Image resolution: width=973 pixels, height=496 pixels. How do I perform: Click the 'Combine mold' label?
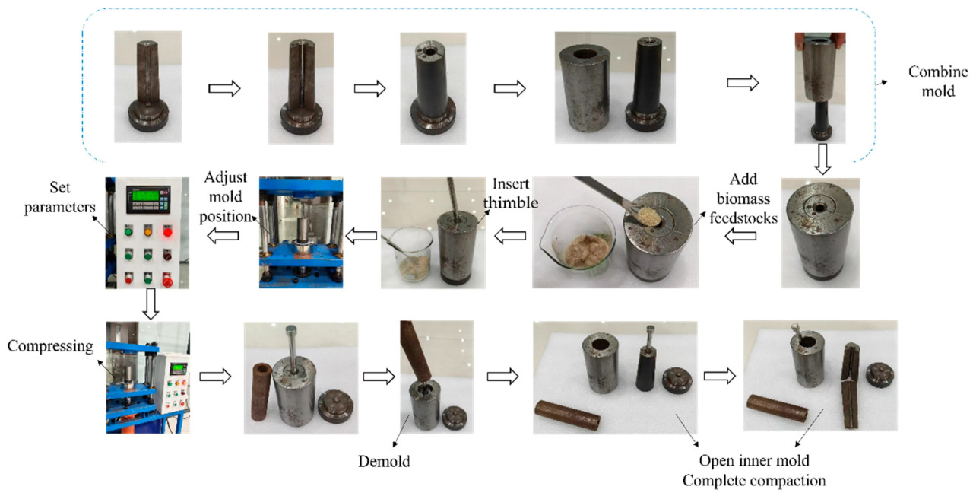(938, 81)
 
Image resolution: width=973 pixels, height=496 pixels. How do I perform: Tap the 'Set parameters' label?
(59, 197)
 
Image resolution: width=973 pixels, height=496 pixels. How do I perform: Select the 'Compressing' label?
(50, 346)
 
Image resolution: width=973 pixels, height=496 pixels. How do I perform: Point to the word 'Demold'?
(384, 461)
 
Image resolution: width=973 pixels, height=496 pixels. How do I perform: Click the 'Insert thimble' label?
(511, 193)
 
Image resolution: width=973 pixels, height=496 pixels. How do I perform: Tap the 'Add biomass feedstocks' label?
(743, 199)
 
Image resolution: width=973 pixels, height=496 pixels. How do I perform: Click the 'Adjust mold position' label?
(226, 196)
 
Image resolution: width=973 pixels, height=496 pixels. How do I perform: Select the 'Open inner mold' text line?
(754, 460)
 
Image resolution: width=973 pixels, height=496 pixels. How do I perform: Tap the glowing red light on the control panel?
(168, 232)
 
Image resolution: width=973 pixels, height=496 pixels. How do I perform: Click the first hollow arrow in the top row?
(224, 88)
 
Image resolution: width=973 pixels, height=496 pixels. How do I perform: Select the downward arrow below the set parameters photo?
(151, 304)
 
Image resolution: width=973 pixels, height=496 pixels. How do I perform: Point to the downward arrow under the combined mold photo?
(822, 159)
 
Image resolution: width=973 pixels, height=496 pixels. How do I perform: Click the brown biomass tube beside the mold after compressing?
(261, 392)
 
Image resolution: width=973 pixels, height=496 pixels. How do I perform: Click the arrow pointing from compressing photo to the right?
(215, 376)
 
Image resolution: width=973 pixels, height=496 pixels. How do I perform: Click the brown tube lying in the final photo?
(777, 409)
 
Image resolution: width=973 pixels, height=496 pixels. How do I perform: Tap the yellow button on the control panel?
(147, 231)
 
